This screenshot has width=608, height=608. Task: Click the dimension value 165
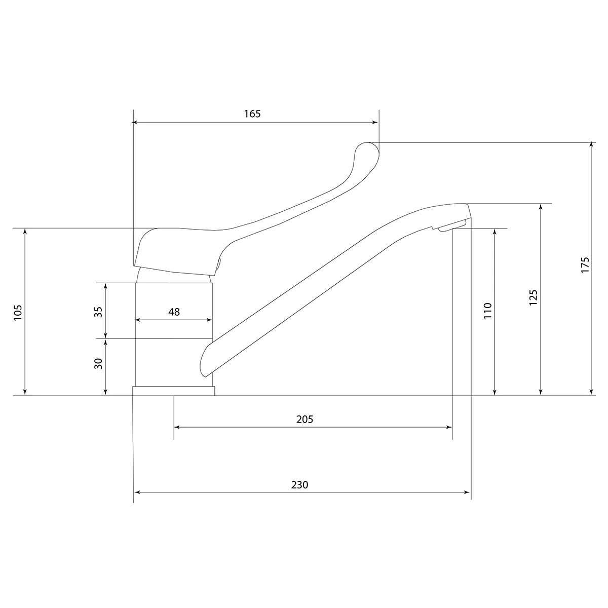pyautogui.click(x=252, y=113)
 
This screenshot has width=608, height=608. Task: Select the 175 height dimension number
pyautogui.click(x=585, y=265)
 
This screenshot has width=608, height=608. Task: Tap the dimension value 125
pyautogui.click(x=533, y=297)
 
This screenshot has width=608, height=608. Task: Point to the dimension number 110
pyautogui.click(x=488, y=311)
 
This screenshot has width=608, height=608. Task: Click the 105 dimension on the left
pyautogui.click(x=18, y=313)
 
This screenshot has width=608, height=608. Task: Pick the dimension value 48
pyautogui.click(x=174, y=312)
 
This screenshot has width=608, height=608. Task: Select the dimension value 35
pyautogui.click(x=98, y=312)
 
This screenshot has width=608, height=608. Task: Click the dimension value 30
pyautogui.click(x=98, y=364)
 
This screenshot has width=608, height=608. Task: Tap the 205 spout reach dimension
pyautogui.click(x=305, y=420)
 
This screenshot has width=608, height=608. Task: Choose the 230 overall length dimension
pyautogui.click(x=299, y=485)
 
